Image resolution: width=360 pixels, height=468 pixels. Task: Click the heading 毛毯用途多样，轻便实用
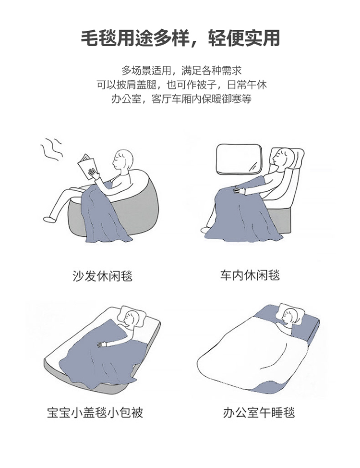[180, 38]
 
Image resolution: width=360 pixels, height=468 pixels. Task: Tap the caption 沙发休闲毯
[103, 275]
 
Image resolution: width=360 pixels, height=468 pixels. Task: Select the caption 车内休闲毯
[250, 275]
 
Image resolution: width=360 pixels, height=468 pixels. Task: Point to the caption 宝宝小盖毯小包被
[95, 412]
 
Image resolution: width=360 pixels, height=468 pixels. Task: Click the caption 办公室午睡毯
[259, 412]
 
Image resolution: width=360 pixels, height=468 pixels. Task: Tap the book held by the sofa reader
[87, 167]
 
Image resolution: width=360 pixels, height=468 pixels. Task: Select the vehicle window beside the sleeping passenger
[239, 159]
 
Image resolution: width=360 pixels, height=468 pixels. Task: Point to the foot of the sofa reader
[49, 220]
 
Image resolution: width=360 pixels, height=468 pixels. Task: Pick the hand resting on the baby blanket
[102, 344]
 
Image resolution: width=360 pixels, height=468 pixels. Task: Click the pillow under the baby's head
[133, 316]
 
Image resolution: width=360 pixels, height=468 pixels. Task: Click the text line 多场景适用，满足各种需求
[181, 71]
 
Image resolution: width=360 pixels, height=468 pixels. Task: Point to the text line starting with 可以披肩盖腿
[181, 85]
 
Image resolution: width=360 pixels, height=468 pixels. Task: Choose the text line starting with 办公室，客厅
[181, 99]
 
